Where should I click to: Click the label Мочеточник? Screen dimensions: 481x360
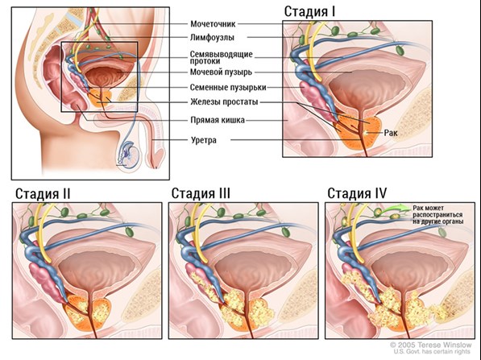click(213, 24)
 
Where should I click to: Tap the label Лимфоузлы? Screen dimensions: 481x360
click(212, 38)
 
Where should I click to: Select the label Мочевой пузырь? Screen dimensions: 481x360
click(221, 72)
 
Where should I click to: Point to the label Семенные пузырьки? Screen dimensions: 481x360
click(228, 88)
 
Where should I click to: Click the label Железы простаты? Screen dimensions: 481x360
click(224, 101)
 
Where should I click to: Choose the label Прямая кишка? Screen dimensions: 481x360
click(218, 120)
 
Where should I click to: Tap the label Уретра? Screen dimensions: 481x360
click(204, 140)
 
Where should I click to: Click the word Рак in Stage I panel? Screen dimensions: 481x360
click(391, 133)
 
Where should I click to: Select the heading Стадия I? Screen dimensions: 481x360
click(309, 12)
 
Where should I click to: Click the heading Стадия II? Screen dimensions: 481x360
click(43, 194)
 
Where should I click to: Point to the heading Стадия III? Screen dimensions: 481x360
click(201, 193)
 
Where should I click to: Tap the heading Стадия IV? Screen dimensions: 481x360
click(357, 193)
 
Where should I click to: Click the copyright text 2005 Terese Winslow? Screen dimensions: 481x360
click(430, 345)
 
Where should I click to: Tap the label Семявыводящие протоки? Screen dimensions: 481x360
click(222, 57)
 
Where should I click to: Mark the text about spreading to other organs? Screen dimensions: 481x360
click(437, 215)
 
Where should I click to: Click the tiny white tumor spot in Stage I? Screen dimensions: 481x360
click(366, 133)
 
